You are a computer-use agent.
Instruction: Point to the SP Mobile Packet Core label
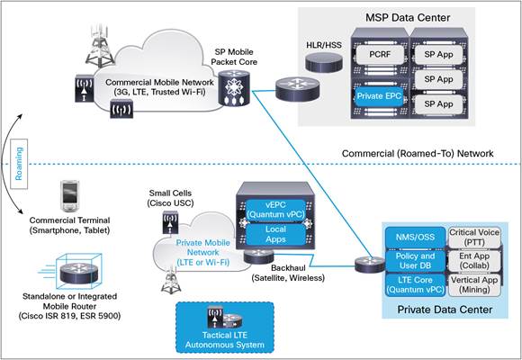(238, 58)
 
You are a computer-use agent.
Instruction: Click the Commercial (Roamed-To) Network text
(418, 154)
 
